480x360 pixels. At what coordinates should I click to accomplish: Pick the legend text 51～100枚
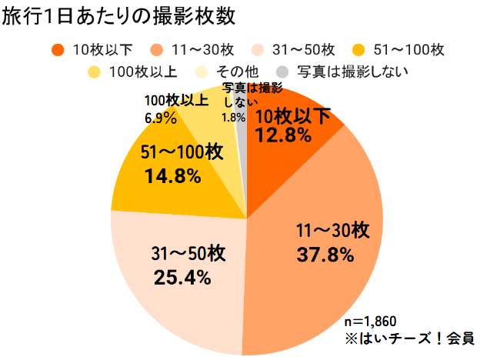[x=409, y=50]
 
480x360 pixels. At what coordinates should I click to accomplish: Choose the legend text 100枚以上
[x=144, y=73]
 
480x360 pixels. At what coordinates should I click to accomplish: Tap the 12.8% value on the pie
[x=283, y=136]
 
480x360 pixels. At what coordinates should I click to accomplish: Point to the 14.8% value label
[x=172, y=176]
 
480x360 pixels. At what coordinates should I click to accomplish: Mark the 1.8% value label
[x=233, y=118]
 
